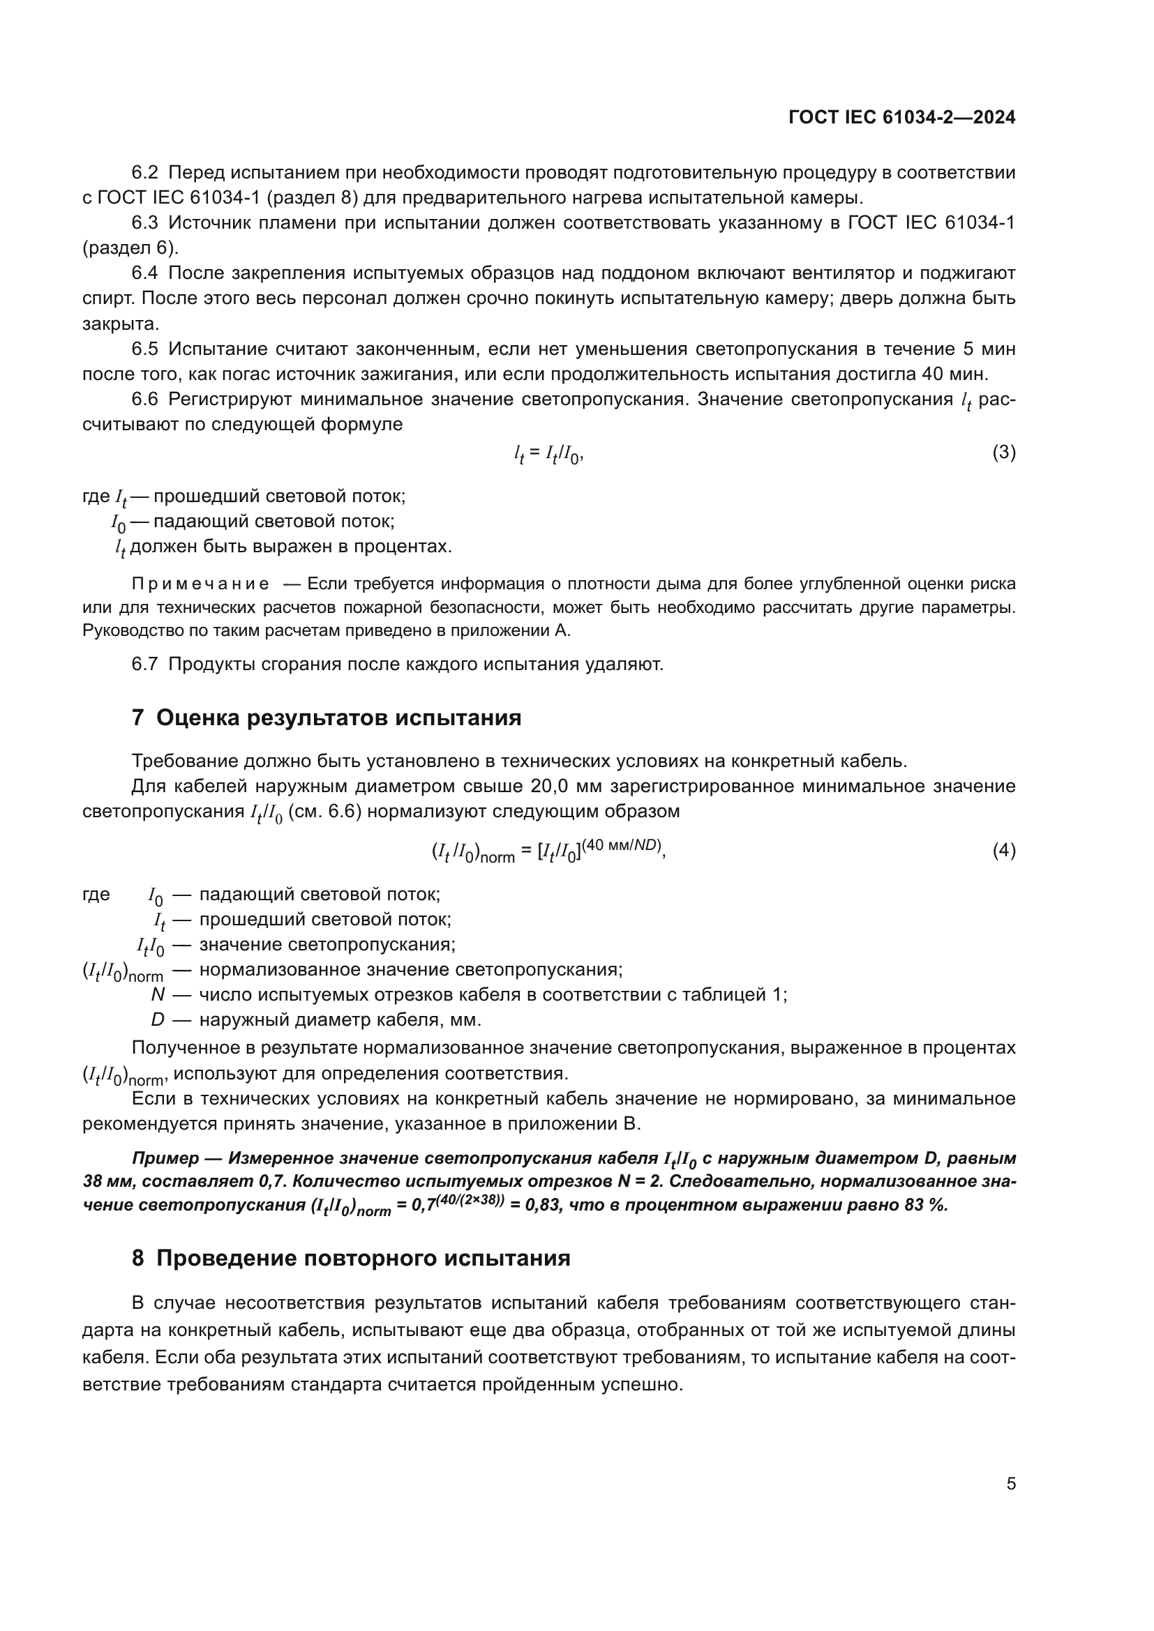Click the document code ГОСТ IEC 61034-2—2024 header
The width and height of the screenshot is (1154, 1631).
[901, 118]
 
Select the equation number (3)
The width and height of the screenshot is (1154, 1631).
[1003, 453]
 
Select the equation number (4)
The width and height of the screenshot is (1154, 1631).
[1003, 850]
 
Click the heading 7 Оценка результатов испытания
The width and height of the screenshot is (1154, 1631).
[326, 718]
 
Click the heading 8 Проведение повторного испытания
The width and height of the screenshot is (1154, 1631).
[351, 1258]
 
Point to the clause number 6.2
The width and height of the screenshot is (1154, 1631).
[145, 173]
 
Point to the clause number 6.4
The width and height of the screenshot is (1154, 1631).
[145, 273]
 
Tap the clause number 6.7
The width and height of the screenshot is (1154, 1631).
[145, 665]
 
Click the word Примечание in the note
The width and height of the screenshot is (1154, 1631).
[200, 584]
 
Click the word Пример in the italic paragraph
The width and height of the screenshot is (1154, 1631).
[165, 1159]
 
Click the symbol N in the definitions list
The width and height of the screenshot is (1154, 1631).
[158, 995]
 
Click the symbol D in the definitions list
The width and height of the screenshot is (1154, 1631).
[158, 1020]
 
